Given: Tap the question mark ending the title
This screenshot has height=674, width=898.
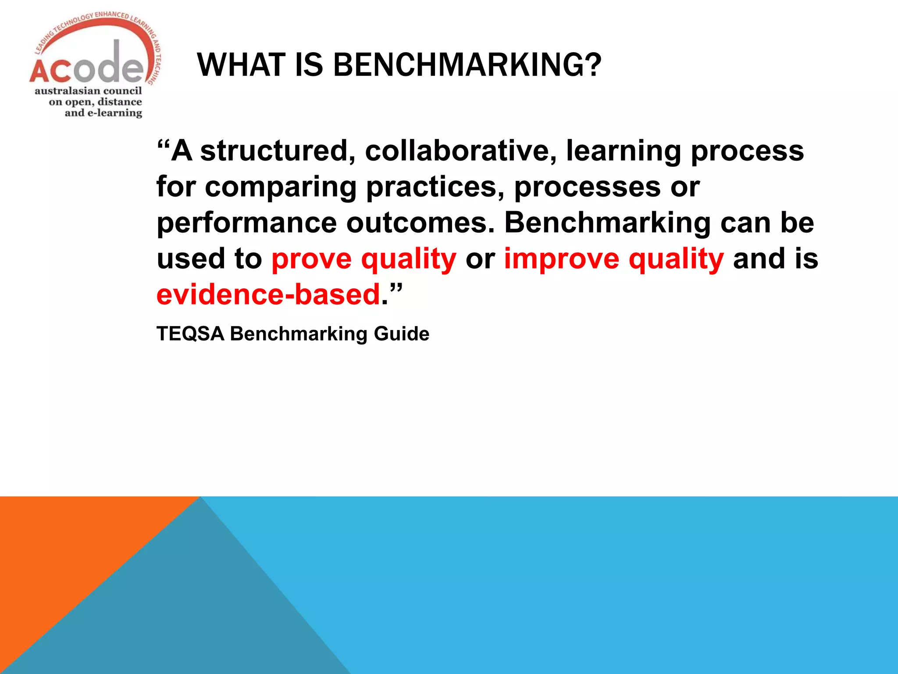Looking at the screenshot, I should [x=592, y=65].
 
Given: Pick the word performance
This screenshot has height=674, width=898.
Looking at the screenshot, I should [x=247, y=223].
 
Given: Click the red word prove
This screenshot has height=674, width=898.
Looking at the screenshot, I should [x=312, y=259].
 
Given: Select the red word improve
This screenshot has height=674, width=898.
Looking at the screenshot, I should [x=562, y=259].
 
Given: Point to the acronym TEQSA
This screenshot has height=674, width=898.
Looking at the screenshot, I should [x=190, y=334].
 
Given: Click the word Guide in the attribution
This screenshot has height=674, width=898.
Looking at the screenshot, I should [x=401, y=334].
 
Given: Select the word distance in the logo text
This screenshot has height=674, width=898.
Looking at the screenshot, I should [x=120, y=102].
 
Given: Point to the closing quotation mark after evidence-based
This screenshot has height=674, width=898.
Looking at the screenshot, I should [x=396, y=290].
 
